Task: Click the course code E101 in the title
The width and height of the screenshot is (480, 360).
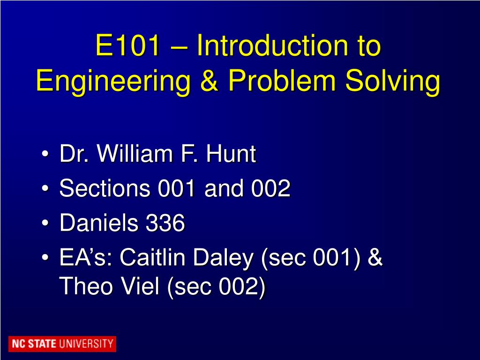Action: coord(127,46)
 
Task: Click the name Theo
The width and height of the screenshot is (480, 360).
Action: coord(87,286)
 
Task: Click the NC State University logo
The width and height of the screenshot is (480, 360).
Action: coord(62,344)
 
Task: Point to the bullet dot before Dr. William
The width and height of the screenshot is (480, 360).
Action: coord(45,155)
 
